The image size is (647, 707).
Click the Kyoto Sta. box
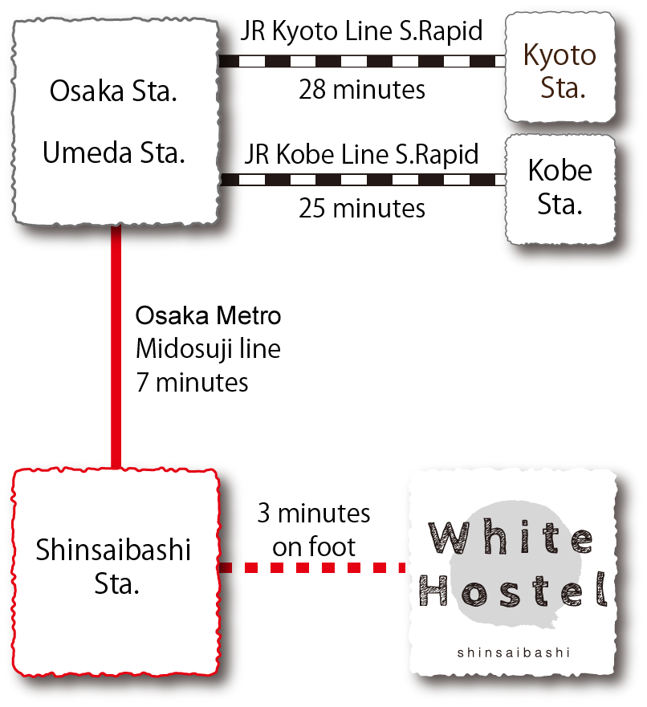[560, 71]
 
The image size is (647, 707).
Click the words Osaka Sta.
[113, 91]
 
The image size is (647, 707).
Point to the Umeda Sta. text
[113, 152]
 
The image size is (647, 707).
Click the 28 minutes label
[362, 89]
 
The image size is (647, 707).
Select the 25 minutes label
[362, 209]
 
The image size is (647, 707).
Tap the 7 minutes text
[193, 383]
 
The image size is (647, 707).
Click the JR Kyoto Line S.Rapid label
[363, 32]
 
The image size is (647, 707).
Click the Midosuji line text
[208, 350]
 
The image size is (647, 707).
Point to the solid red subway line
[116, 345]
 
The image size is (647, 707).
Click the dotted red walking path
[313, 567]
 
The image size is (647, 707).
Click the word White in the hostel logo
[511, 537]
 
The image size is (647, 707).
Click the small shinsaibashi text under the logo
[514, 652]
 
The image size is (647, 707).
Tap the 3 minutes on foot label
[314, 530]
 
